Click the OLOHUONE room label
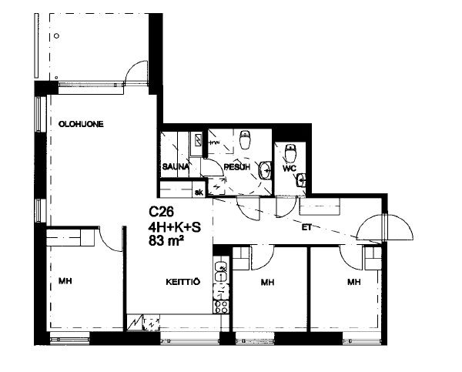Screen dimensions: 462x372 point(81,124)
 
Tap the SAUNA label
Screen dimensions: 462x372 point(176,167)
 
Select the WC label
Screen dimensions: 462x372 point(290,169)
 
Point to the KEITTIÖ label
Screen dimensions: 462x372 point(183,282)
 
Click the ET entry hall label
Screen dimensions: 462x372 point(306,227)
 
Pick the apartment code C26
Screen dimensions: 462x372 point(161,211)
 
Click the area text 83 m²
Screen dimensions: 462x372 point(166,241)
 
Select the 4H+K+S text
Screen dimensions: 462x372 point(175,227)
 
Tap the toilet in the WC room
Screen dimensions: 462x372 point(290,153)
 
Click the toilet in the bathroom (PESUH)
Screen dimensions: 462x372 point(245,139)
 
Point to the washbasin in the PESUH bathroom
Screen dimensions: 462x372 point(265,170)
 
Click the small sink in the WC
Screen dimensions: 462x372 point(301,179)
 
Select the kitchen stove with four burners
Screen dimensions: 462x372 point(221,307)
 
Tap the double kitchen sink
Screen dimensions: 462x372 point(221,272)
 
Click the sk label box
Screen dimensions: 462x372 point(199,193)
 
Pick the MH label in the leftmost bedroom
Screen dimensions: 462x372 point(65,281)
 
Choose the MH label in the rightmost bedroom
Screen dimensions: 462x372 point(354,282)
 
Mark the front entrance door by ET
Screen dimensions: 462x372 point(385,227)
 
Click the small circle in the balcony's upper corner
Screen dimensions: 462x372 point(56,36)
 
